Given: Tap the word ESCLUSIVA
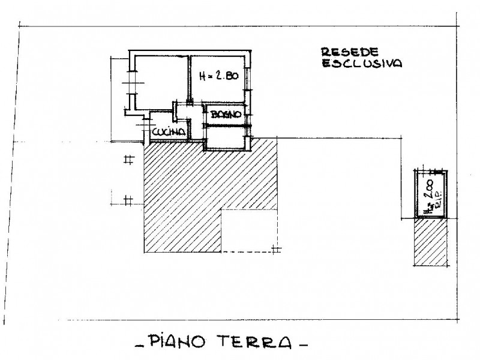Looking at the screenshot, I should (362, 63).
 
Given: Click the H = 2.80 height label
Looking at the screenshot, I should (218, 76).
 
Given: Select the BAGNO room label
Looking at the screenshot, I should (226, 114).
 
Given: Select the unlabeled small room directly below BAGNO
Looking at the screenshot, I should (226, 136).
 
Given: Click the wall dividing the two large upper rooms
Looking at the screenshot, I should (189, 78).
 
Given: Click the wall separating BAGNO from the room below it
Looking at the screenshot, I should (226, 125).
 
